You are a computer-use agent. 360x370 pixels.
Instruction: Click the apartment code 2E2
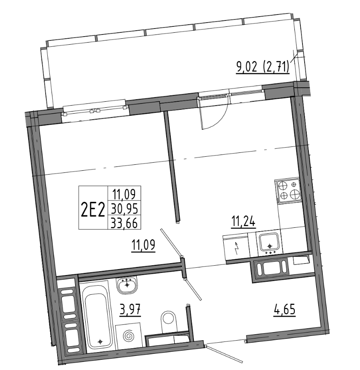click(x=92, y=209)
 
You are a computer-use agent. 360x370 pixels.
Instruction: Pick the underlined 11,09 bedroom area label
click(x=143, y=246)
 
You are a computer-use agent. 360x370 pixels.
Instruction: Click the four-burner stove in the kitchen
click(x=288, y=190)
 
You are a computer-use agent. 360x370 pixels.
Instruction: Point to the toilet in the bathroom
click(x=169, y=319)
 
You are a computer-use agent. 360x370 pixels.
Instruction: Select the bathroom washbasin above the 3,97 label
click(x=127, y=285)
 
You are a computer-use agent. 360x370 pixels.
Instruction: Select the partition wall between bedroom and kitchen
click(x=171, y=166)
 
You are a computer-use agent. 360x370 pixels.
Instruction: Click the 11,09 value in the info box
click(x=124, y=195)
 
